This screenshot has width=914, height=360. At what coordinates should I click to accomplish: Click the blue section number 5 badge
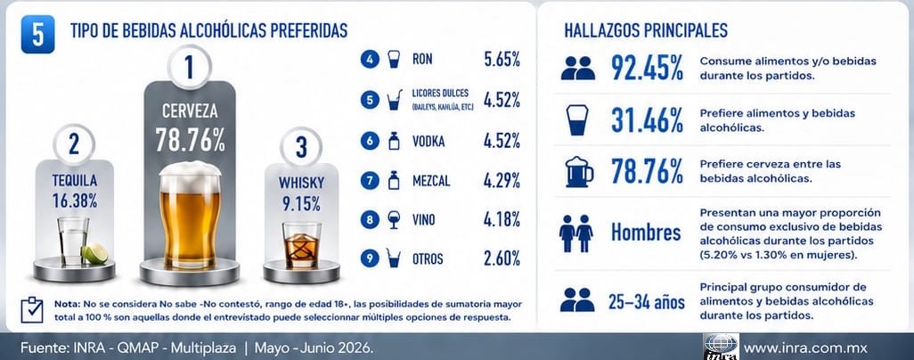(x=37, y=34)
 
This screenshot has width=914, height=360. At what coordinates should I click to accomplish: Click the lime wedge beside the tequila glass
(x=95, y=254)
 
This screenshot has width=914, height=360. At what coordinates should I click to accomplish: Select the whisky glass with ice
(x=301, y=244)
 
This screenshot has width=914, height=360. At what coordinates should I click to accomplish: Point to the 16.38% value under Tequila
(x=74, y=200)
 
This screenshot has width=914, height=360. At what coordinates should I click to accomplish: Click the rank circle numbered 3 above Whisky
(x=301, y=146)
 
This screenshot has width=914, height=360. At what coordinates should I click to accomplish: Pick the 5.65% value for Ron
(x=502, y=60)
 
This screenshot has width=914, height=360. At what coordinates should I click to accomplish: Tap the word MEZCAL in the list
(x=431, y=182)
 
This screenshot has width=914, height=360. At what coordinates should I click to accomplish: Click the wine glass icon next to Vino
(x=394, y=219)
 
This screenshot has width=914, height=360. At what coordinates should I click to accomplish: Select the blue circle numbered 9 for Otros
(x=370, y=258)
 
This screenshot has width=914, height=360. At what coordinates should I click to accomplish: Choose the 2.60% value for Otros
(x=502, y=258)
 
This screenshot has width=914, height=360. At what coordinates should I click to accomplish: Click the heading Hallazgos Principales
(x=646, y=30)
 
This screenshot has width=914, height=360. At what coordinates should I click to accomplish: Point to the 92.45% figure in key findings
(x=647, y=68)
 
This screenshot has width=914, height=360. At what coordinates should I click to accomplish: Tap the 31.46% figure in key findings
(x=647, y=120)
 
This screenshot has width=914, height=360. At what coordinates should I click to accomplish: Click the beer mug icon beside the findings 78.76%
(x=579, y=172)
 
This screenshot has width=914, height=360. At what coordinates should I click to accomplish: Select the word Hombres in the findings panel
(x=646, y=233)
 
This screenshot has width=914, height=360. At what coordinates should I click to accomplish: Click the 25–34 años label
(x=647, y=302)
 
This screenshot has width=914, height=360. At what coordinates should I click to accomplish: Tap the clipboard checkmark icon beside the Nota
(x=31, y=310)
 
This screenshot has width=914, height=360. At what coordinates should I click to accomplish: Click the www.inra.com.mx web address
(x=805, y=348)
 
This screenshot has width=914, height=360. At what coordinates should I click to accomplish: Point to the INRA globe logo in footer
(x=721, y=346)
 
